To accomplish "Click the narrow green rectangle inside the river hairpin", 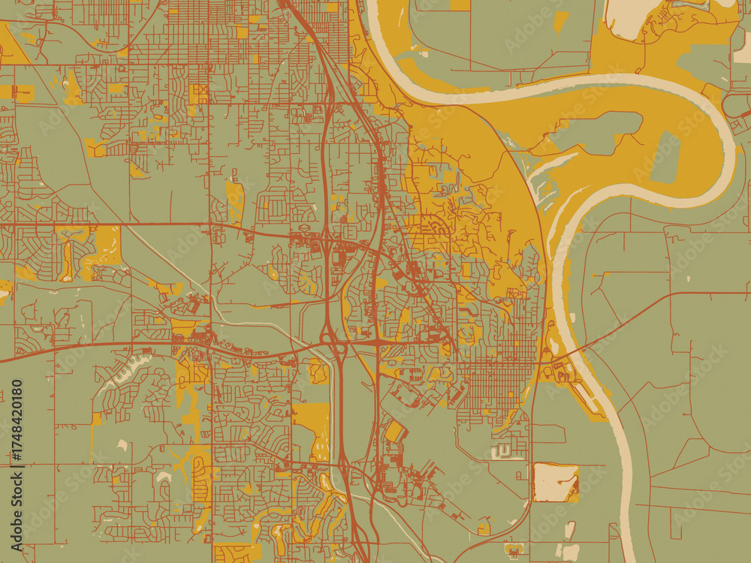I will coord(665,158).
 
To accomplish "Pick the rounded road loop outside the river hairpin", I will coord(732,104).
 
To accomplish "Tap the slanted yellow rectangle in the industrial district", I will coord(394,432).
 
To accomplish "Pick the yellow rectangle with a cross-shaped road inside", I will coord(199,93).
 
